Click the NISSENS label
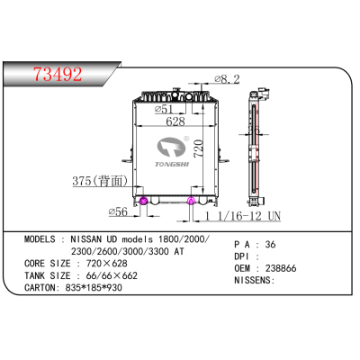[257, 282]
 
